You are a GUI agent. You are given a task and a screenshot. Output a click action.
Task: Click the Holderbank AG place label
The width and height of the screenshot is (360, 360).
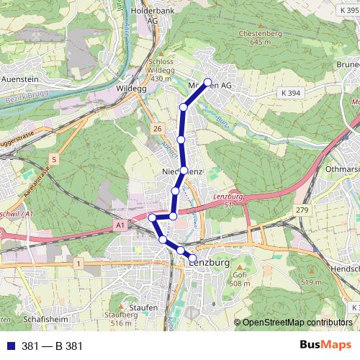tap(152, 16)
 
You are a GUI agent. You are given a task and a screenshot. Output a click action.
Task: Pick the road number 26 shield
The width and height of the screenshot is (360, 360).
tap(157, 128)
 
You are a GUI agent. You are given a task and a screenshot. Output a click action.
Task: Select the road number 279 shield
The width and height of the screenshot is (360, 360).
tap(300, 210)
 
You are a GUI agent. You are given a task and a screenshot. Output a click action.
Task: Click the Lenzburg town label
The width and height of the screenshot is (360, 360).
tap(210, 264)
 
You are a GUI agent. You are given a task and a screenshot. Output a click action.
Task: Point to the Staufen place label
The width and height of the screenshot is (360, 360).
tap(144, 307)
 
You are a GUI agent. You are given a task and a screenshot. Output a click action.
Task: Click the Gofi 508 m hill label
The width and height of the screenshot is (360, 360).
tap(240, 279)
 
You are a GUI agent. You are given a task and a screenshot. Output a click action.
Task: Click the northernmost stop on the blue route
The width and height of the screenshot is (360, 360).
tap(208, 82)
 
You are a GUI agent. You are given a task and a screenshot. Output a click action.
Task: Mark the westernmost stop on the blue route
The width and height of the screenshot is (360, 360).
tap(152, 217)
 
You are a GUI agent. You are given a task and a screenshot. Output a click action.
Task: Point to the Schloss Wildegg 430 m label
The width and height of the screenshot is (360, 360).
tap(160, 70)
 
